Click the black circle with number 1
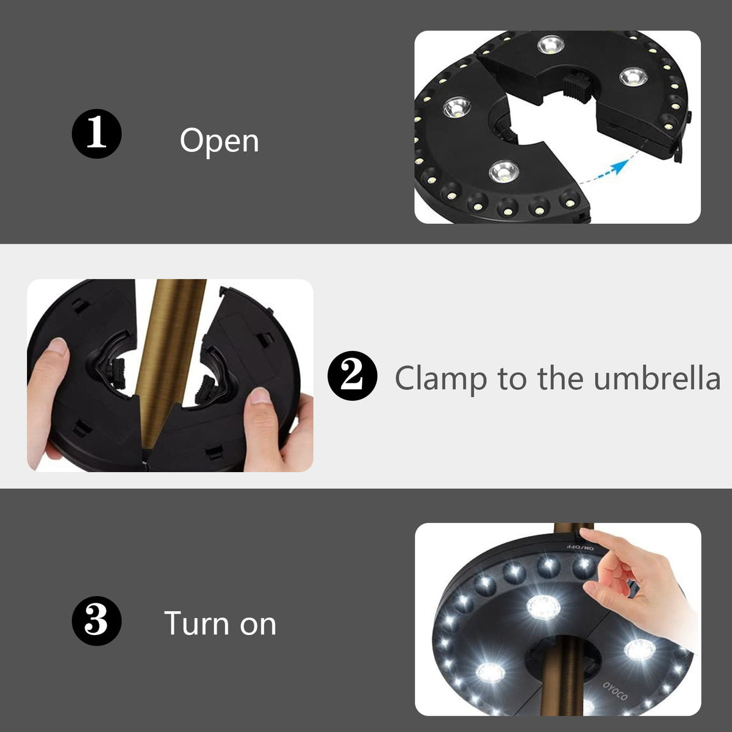96,134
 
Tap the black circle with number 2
352,375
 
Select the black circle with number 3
96,621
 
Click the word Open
219,141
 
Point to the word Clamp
440,379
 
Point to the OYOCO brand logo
615,690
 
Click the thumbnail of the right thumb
259,396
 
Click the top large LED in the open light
550,45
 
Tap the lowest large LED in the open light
504,171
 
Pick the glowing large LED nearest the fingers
543,608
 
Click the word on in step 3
257,626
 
